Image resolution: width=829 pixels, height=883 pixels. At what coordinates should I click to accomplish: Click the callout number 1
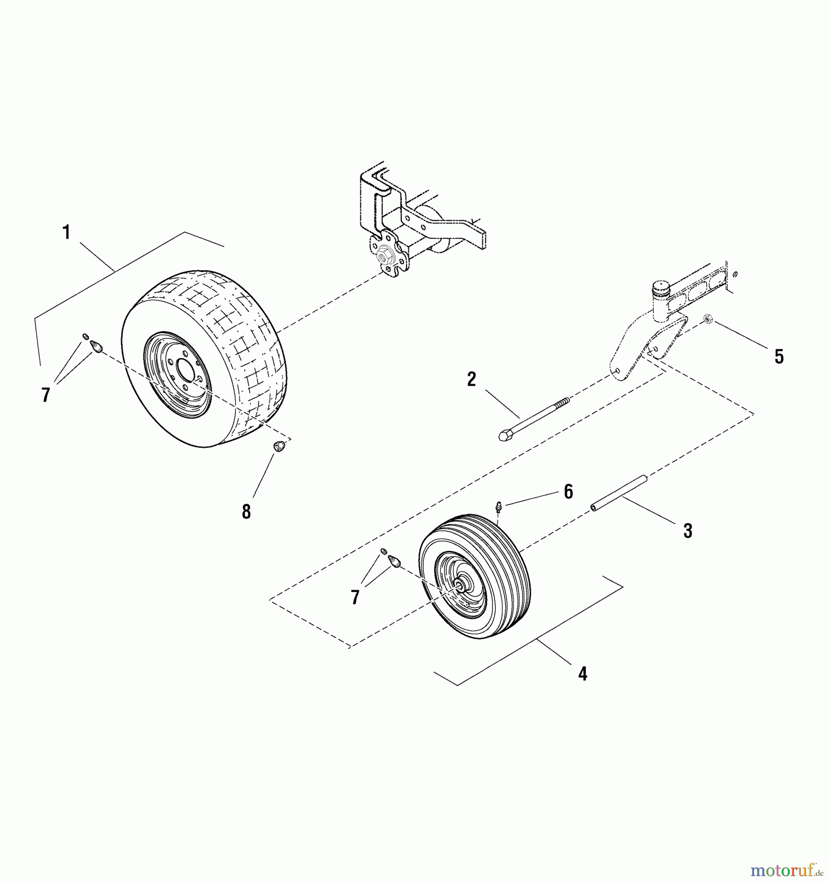coord(66,232)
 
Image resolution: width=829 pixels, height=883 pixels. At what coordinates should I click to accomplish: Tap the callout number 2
coord(471,379)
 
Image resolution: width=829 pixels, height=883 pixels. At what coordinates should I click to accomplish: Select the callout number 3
coord(688,530)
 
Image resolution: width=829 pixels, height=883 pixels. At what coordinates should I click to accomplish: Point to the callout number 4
coord(582,674)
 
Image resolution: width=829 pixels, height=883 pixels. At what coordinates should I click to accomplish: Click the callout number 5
coord(779,357)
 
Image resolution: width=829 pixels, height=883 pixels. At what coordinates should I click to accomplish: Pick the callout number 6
coord(568,492)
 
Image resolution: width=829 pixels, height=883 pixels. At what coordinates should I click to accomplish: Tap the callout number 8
coord(246,512)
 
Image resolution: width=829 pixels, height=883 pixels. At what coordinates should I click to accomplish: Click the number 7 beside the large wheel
coord(46,395)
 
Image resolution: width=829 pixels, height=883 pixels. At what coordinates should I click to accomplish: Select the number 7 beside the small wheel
coord(355,597)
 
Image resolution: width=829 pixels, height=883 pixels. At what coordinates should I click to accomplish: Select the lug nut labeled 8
coord(279,447)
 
